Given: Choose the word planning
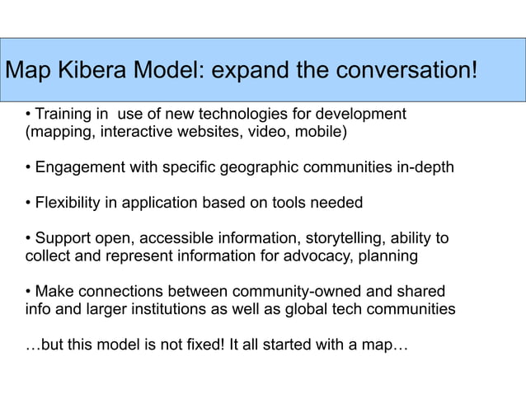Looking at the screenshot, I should click(390, 256).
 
